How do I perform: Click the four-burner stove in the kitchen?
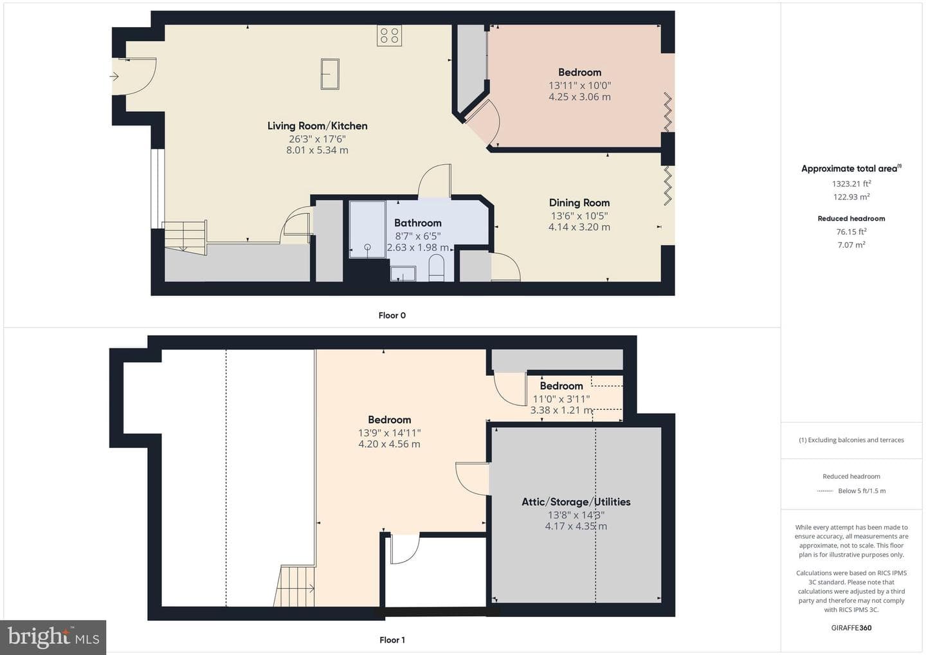(389, 35)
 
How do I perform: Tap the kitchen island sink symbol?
(330, 74)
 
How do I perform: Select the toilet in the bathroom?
(436, 268)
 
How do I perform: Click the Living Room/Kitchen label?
(317, 125)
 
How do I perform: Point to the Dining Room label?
(579, 203)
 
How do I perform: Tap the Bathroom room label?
(417, 223)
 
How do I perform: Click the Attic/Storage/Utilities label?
(576, 502)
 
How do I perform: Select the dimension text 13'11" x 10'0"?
(579, 86)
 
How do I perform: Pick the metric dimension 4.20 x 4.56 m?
(389, 444)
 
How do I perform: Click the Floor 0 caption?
(392, 315)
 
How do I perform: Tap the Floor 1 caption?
(392, 640)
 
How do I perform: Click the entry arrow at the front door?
(114, 76)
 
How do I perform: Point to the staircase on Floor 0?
(185, 238)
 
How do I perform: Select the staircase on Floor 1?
(294, 586)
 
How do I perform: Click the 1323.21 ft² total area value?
(851, 183)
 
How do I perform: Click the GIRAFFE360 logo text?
(851, 628)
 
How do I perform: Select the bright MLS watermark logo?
(53, 637)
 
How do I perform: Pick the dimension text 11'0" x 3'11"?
(561, 399)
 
